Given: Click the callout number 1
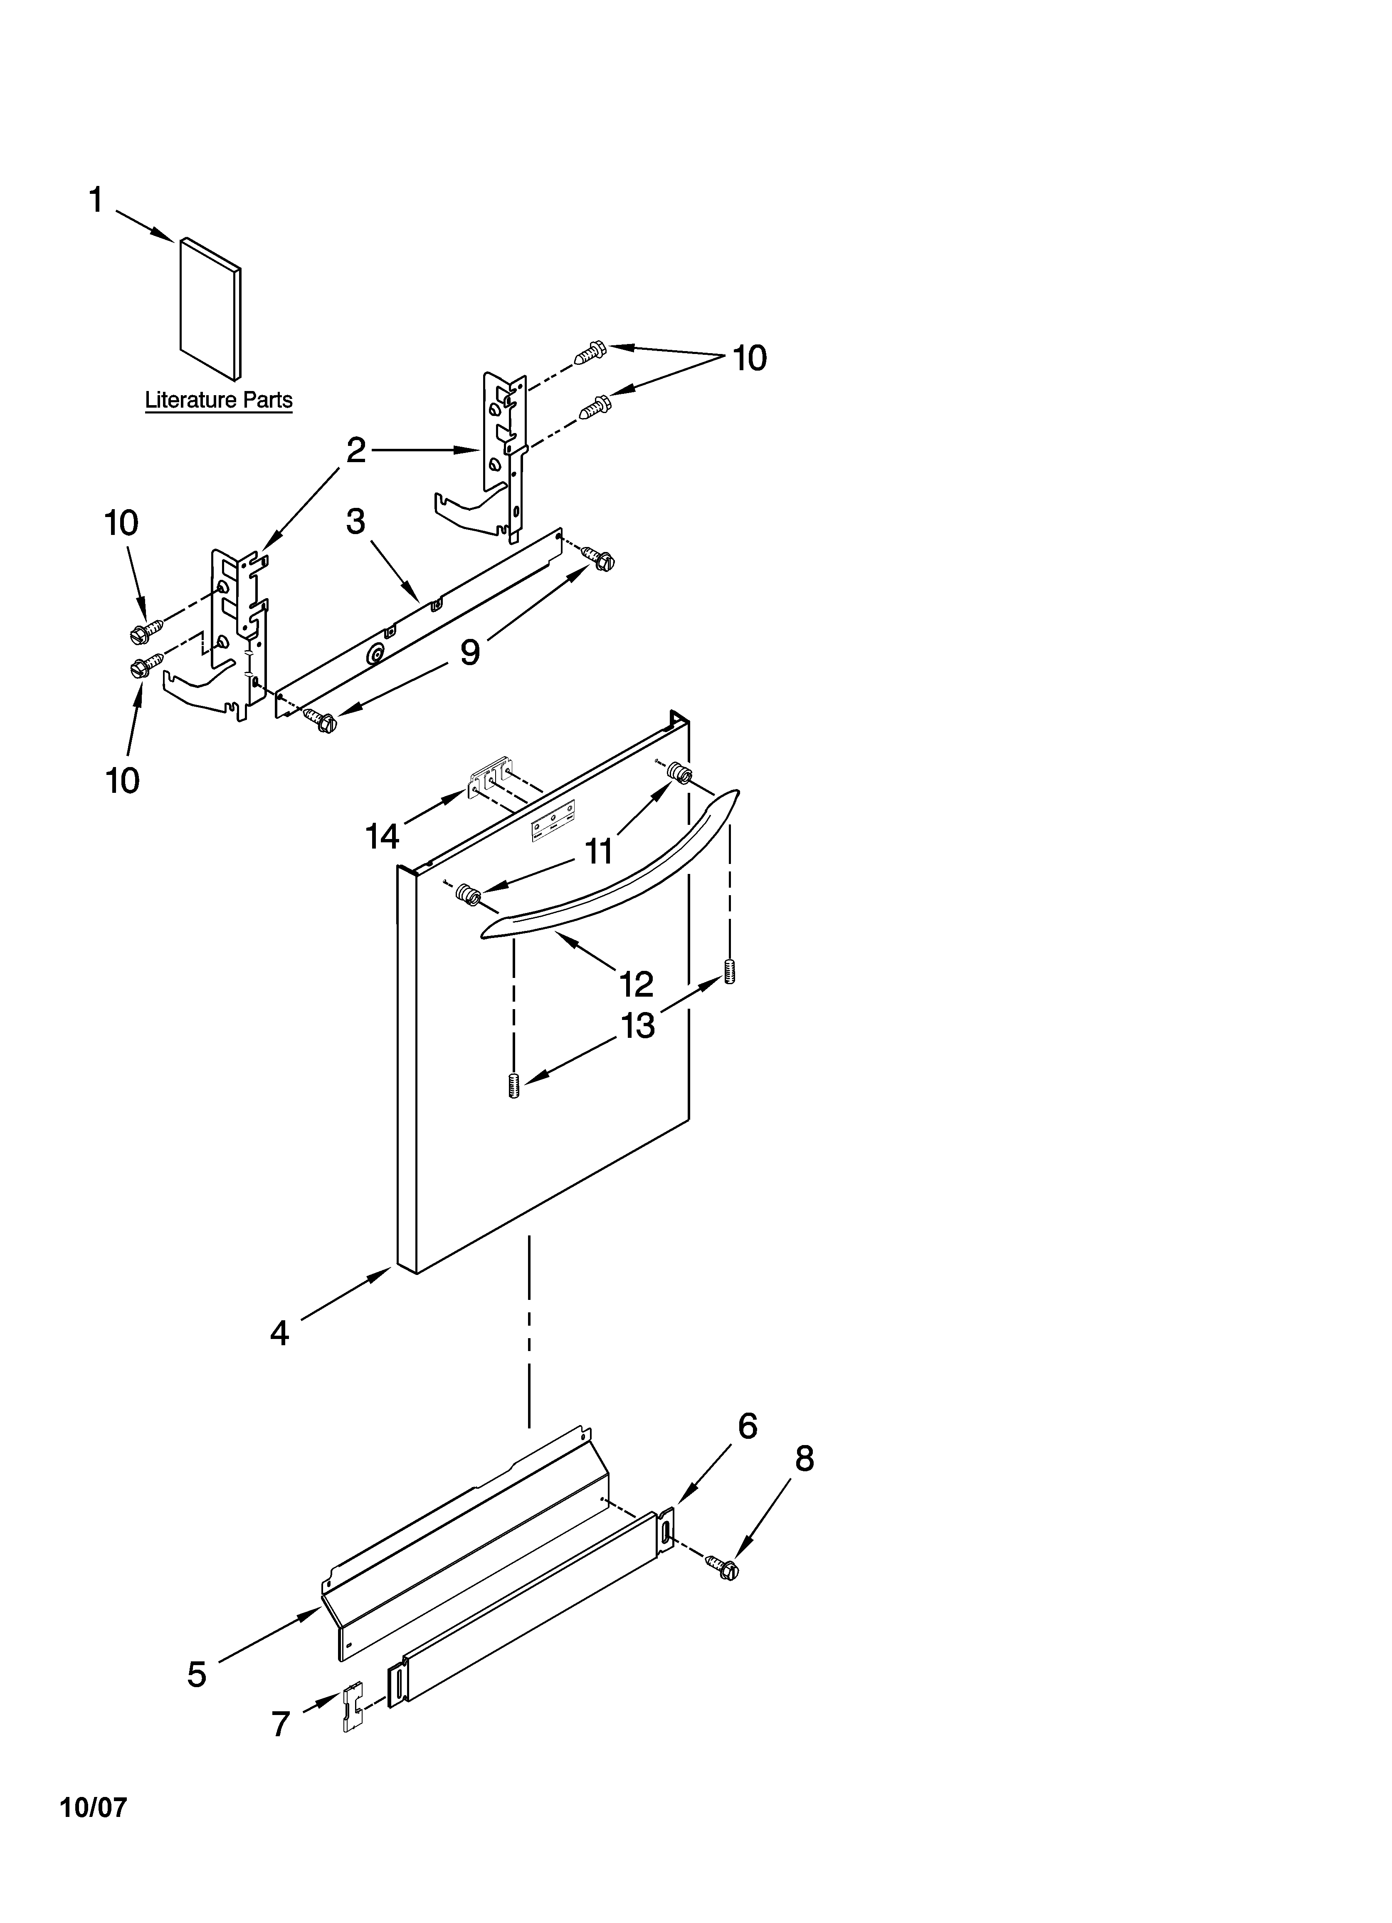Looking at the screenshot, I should (96, 201).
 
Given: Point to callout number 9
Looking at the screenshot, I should (470, 652).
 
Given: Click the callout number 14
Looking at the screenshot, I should (382, 837).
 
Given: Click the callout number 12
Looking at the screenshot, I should (636, 983).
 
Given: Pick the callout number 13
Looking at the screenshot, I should (637, 1026).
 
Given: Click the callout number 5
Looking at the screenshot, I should (197, 1674).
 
